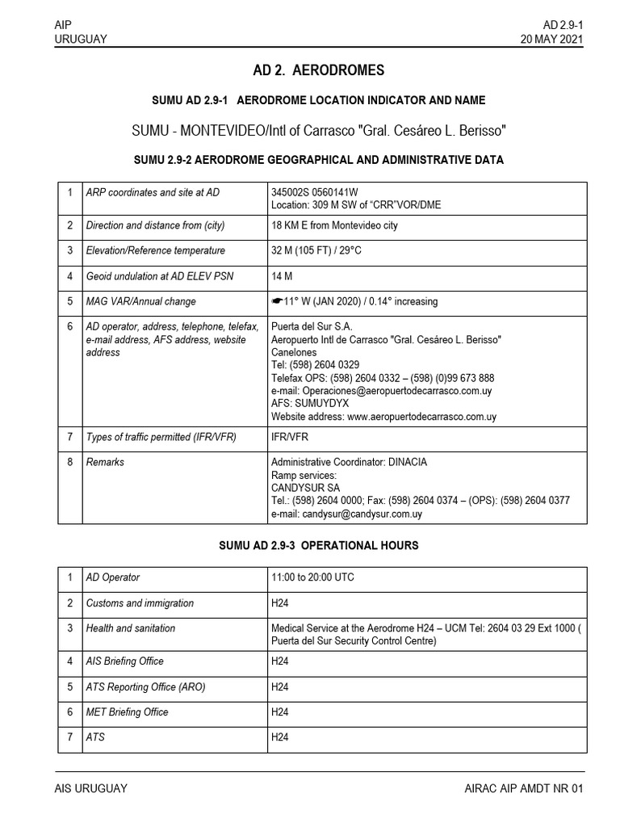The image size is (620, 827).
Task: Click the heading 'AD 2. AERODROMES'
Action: coord(318,70)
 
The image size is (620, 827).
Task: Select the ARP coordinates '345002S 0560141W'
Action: coord(316,192)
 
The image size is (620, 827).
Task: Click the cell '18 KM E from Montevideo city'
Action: coord(334,225)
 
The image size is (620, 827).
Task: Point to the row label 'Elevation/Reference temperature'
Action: coord(156,250)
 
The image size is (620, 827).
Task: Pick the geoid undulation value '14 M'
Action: coord(282,276)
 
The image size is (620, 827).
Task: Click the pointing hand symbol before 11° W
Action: coord(278,301)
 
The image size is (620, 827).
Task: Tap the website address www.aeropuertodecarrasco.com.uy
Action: coord(421,417)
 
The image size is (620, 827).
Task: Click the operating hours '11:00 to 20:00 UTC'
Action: coord(312,577)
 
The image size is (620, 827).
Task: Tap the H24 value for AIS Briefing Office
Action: coord(280,661)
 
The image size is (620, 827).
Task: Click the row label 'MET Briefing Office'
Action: coord(128,712)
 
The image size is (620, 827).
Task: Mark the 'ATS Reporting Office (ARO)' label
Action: coord(146,686)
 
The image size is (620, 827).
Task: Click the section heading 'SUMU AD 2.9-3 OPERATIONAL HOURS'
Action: coord(319,546)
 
